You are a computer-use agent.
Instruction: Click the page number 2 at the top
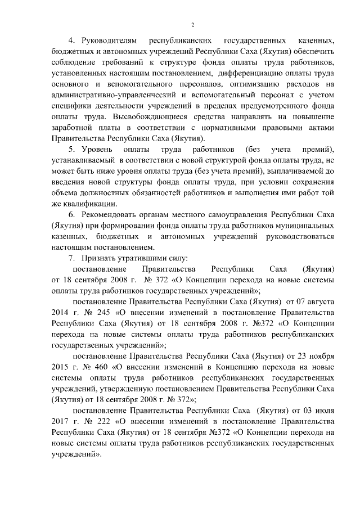coord(192,25)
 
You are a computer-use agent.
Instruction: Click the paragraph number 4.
coord(71,42)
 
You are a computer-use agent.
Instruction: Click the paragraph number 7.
coord(71,258)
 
